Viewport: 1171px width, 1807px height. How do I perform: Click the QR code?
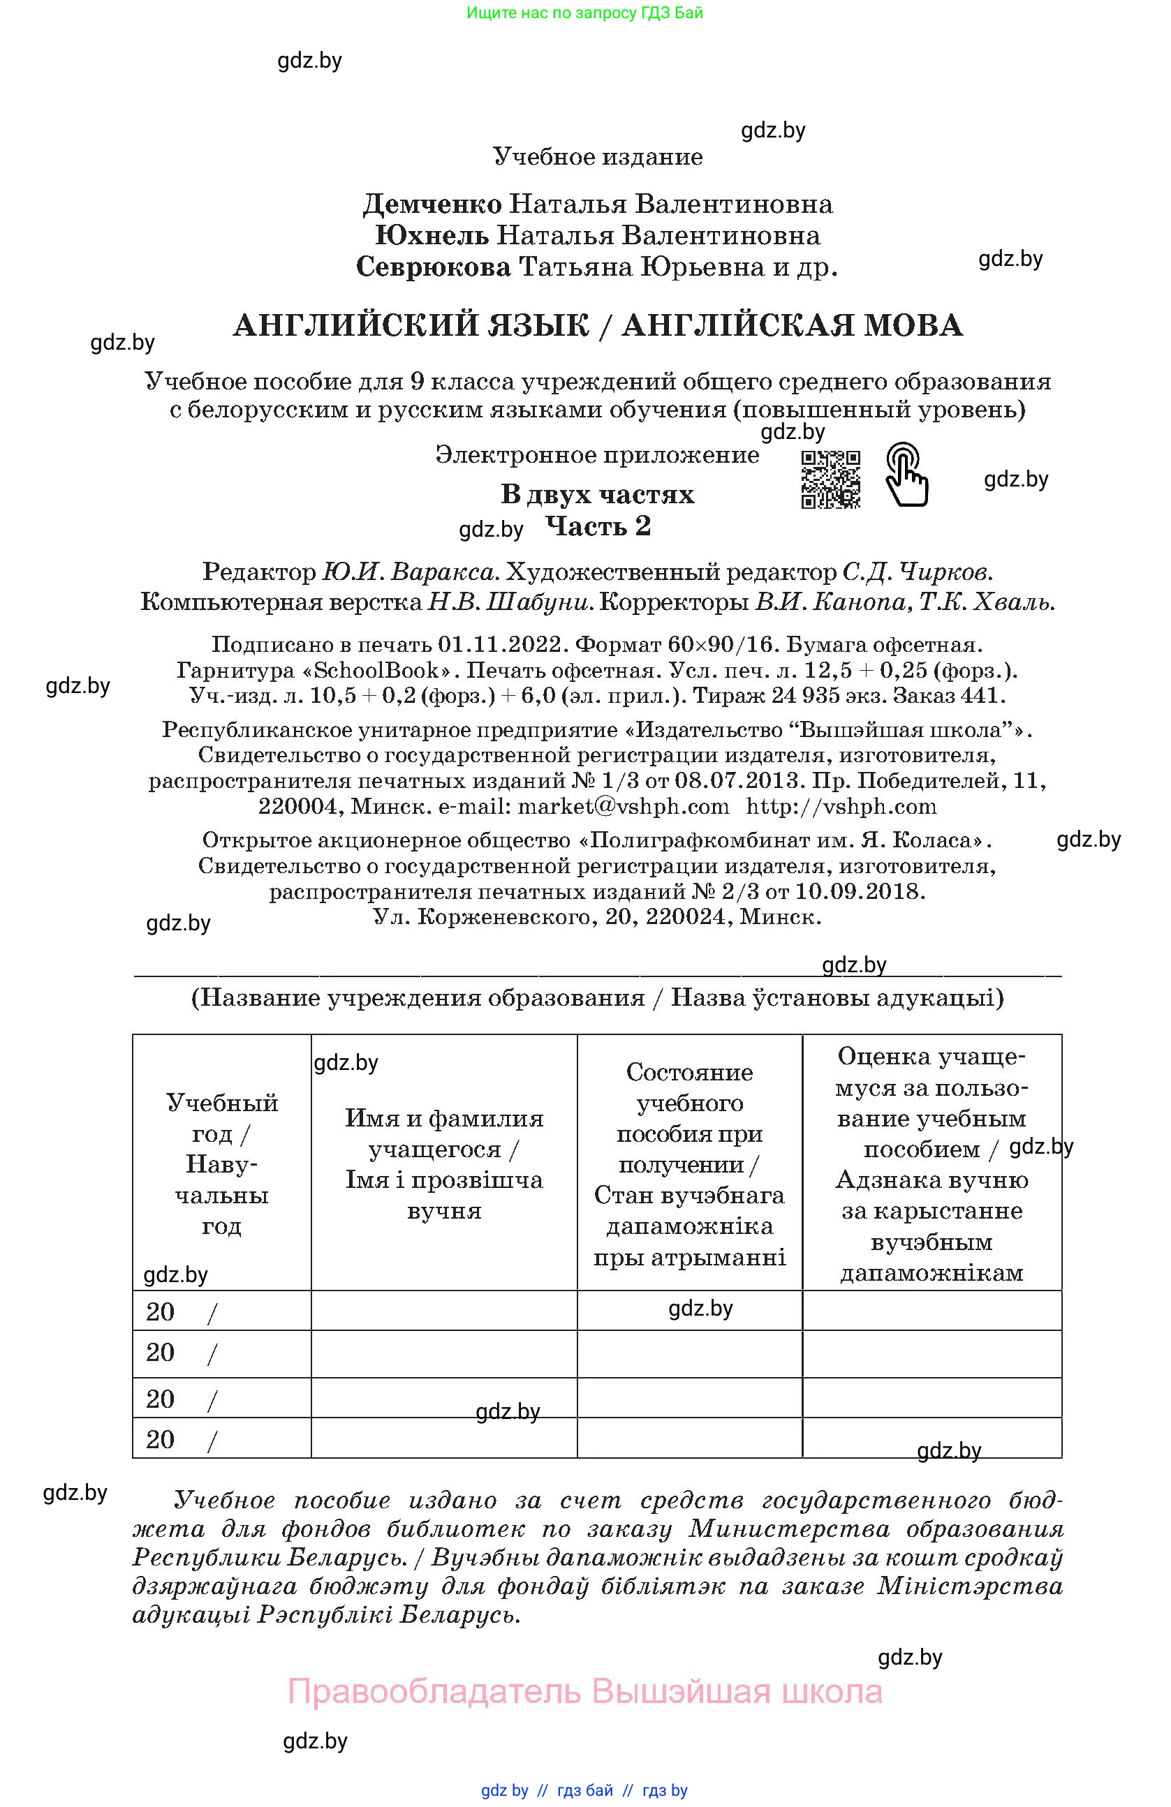click(830, 479)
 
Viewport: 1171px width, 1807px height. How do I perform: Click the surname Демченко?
click(432, 205)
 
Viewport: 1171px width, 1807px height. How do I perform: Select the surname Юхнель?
click(432, 236)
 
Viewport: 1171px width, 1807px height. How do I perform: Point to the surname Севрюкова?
click(433, 267)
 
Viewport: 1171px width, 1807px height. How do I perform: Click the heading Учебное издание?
click(598, 156)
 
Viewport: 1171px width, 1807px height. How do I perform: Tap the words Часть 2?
click(598, 526)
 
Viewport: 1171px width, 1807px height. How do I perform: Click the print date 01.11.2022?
click(503, 645)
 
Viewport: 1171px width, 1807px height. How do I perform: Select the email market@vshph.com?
click(623, 806)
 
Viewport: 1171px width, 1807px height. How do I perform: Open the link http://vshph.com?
click(841, 806)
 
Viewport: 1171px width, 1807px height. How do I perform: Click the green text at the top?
click(584, 13)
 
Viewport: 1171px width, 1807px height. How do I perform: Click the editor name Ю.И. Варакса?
click(409, 572)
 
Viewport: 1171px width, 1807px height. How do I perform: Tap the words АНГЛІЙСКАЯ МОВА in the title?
click(792, 326)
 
